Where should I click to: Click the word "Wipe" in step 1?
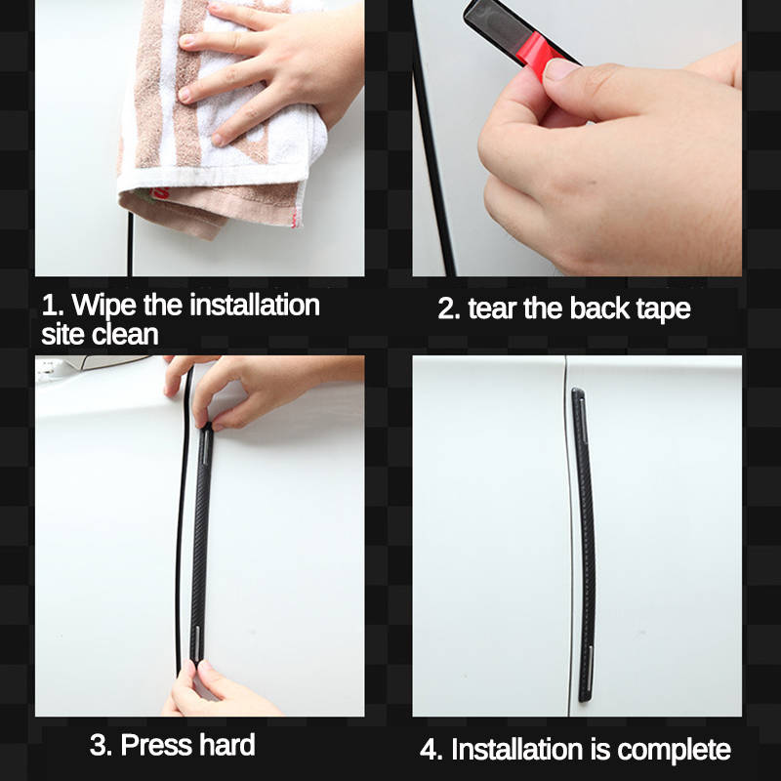(104, 306)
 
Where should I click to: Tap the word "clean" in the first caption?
(126, 336)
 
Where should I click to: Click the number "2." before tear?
(449, 309)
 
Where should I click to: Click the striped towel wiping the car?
(185, 146)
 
